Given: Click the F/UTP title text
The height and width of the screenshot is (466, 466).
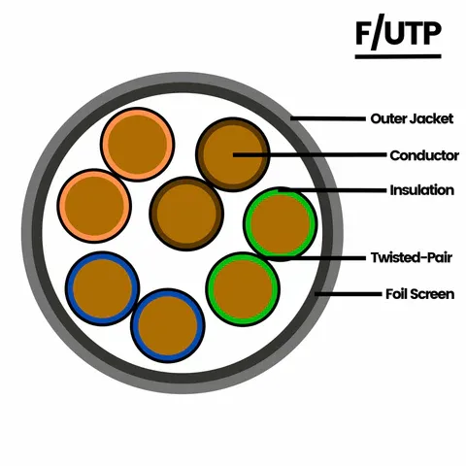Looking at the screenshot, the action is tap(398, 32).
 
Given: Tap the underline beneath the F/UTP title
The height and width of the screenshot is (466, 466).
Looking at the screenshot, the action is tap(398, 56).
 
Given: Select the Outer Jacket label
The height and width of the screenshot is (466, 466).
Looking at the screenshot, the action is tap(412, 118).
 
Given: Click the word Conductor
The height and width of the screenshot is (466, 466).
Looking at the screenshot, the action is tap(424, 155).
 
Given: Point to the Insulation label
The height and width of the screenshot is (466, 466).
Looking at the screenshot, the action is tap(422, 190).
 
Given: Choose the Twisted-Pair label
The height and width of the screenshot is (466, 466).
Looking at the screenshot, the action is tap(412, 257).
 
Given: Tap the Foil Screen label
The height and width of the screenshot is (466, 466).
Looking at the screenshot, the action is tap(419, 294).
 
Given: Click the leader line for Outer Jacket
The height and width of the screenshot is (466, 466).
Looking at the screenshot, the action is tap(328, 118).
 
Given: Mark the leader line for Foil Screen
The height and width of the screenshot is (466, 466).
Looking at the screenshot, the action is tap(349, 294).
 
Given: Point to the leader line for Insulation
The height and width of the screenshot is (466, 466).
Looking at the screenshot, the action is tap(332, 190).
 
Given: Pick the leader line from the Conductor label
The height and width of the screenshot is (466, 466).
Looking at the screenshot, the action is tap(310, 155).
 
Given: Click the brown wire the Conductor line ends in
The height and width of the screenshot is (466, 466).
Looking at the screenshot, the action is tap(233, 154).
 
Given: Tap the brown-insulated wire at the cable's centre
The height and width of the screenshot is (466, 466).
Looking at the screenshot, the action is tap(186, 214).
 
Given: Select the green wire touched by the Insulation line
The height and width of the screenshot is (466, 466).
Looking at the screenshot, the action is tap(281, 224).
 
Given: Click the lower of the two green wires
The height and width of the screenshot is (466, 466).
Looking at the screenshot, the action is tap(243, 289).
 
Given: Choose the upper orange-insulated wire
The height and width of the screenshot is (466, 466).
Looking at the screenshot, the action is tap(138, 145).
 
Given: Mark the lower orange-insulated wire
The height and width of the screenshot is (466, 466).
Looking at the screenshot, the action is tap(94, 206).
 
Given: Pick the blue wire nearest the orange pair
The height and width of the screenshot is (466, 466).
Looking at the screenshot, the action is tap(103, 288).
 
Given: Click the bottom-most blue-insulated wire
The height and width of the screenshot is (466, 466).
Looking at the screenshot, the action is tap(168, 325).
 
